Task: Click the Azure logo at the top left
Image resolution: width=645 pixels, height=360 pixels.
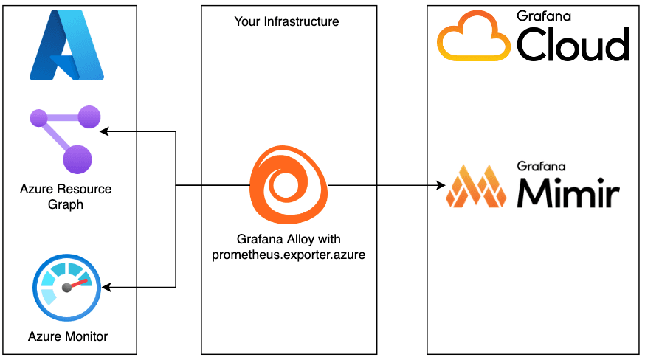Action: [66, 46]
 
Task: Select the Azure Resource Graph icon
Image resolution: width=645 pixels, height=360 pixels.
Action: [65, 139]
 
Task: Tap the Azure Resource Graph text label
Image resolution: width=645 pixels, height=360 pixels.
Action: [66, 197]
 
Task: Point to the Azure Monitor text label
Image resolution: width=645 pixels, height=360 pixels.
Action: [68, 336]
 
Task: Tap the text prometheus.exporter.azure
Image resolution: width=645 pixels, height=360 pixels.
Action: [289, 255]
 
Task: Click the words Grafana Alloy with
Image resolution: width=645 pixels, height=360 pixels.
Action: [289, 240]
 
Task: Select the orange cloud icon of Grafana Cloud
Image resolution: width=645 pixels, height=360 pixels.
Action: [473, 40]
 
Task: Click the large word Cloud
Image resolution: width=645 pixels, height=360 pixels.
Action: [573, 45]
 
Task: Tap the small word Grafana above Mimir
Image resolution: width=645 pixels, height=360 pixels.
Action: [536, 165]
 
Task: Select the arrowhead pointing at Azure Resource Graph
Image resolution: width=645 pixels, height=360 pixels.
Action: [105, 132]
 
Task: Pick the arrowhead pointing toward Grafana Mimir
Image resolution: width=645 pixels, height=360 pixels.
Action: [438, 185]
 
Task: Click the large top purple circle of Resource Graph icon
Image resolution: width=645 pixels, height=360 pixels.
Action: [89, 117]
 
